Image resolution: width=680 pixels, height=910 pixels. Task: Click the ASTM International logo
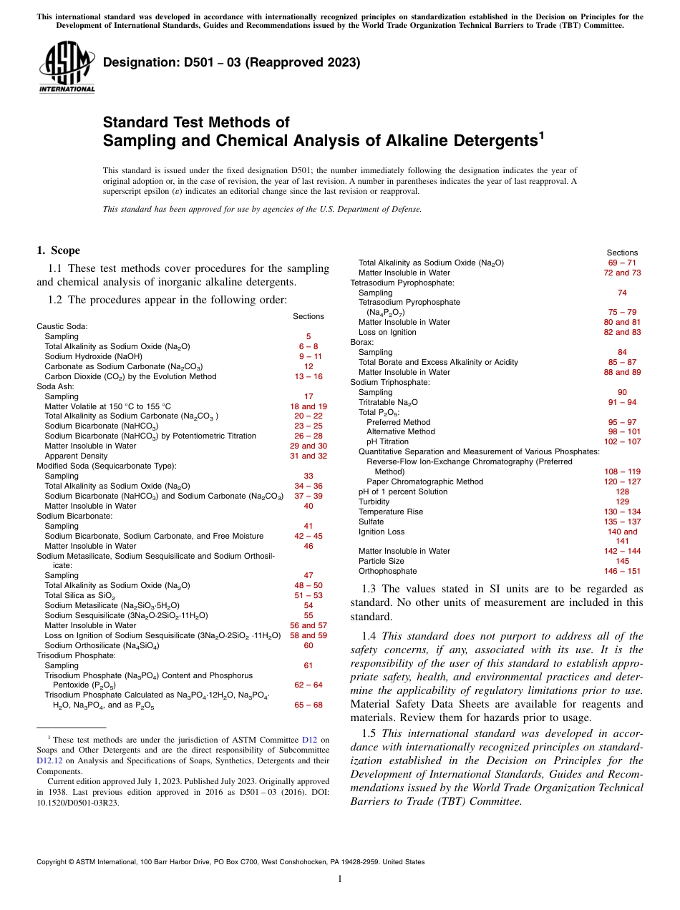[67, 67]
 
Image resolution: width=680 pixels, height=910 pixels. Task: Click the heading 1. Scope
[58, 250]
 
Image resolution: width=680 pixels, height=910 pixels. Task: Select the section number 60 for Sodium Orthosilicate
[308, 645]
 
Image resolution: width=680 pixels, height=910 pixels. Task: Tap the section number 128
[622, 491]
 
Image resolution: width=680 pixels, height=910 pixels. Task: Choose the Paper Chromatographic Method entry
[424, 481]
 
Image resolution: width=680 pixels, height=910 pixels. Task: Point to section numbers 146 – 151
[622, 571]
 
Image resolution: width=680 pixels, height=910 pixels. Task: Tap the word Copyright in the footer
[53, 862]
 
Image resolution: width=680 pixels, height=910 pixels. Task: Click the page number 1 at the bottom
[340, 879]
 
